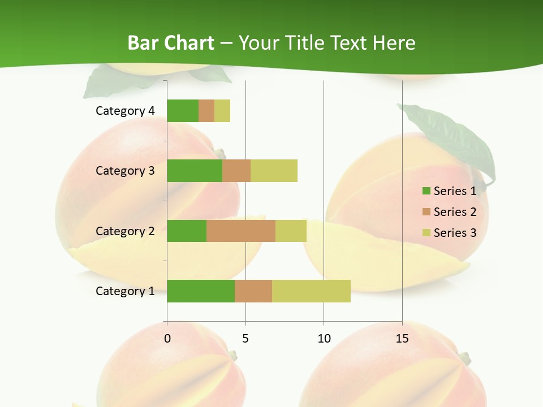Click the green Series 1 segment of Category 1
201,291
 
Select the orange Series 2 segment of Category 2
241,231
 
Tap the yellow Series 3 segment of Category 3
274,171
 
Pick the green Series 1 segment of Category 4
183,111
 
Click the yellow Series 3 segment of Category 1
311,291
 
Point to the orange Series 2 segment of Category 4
206,111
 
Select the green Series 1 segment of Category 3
195,171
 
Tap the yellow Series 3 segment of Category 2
291,231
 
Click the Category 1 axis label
125,291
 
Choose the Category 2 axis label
125,231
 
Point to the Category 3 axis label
125,171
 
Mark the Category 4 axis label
125,111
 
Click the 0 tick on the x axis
167,339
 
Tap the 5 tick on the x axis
245,339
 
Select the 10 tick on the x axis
324,339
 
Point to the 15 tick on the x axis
402,339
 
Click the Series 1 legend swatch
426,191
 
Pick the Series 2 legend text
455,212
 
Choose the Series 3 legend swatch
426,233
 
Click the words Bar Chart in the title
171,43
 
